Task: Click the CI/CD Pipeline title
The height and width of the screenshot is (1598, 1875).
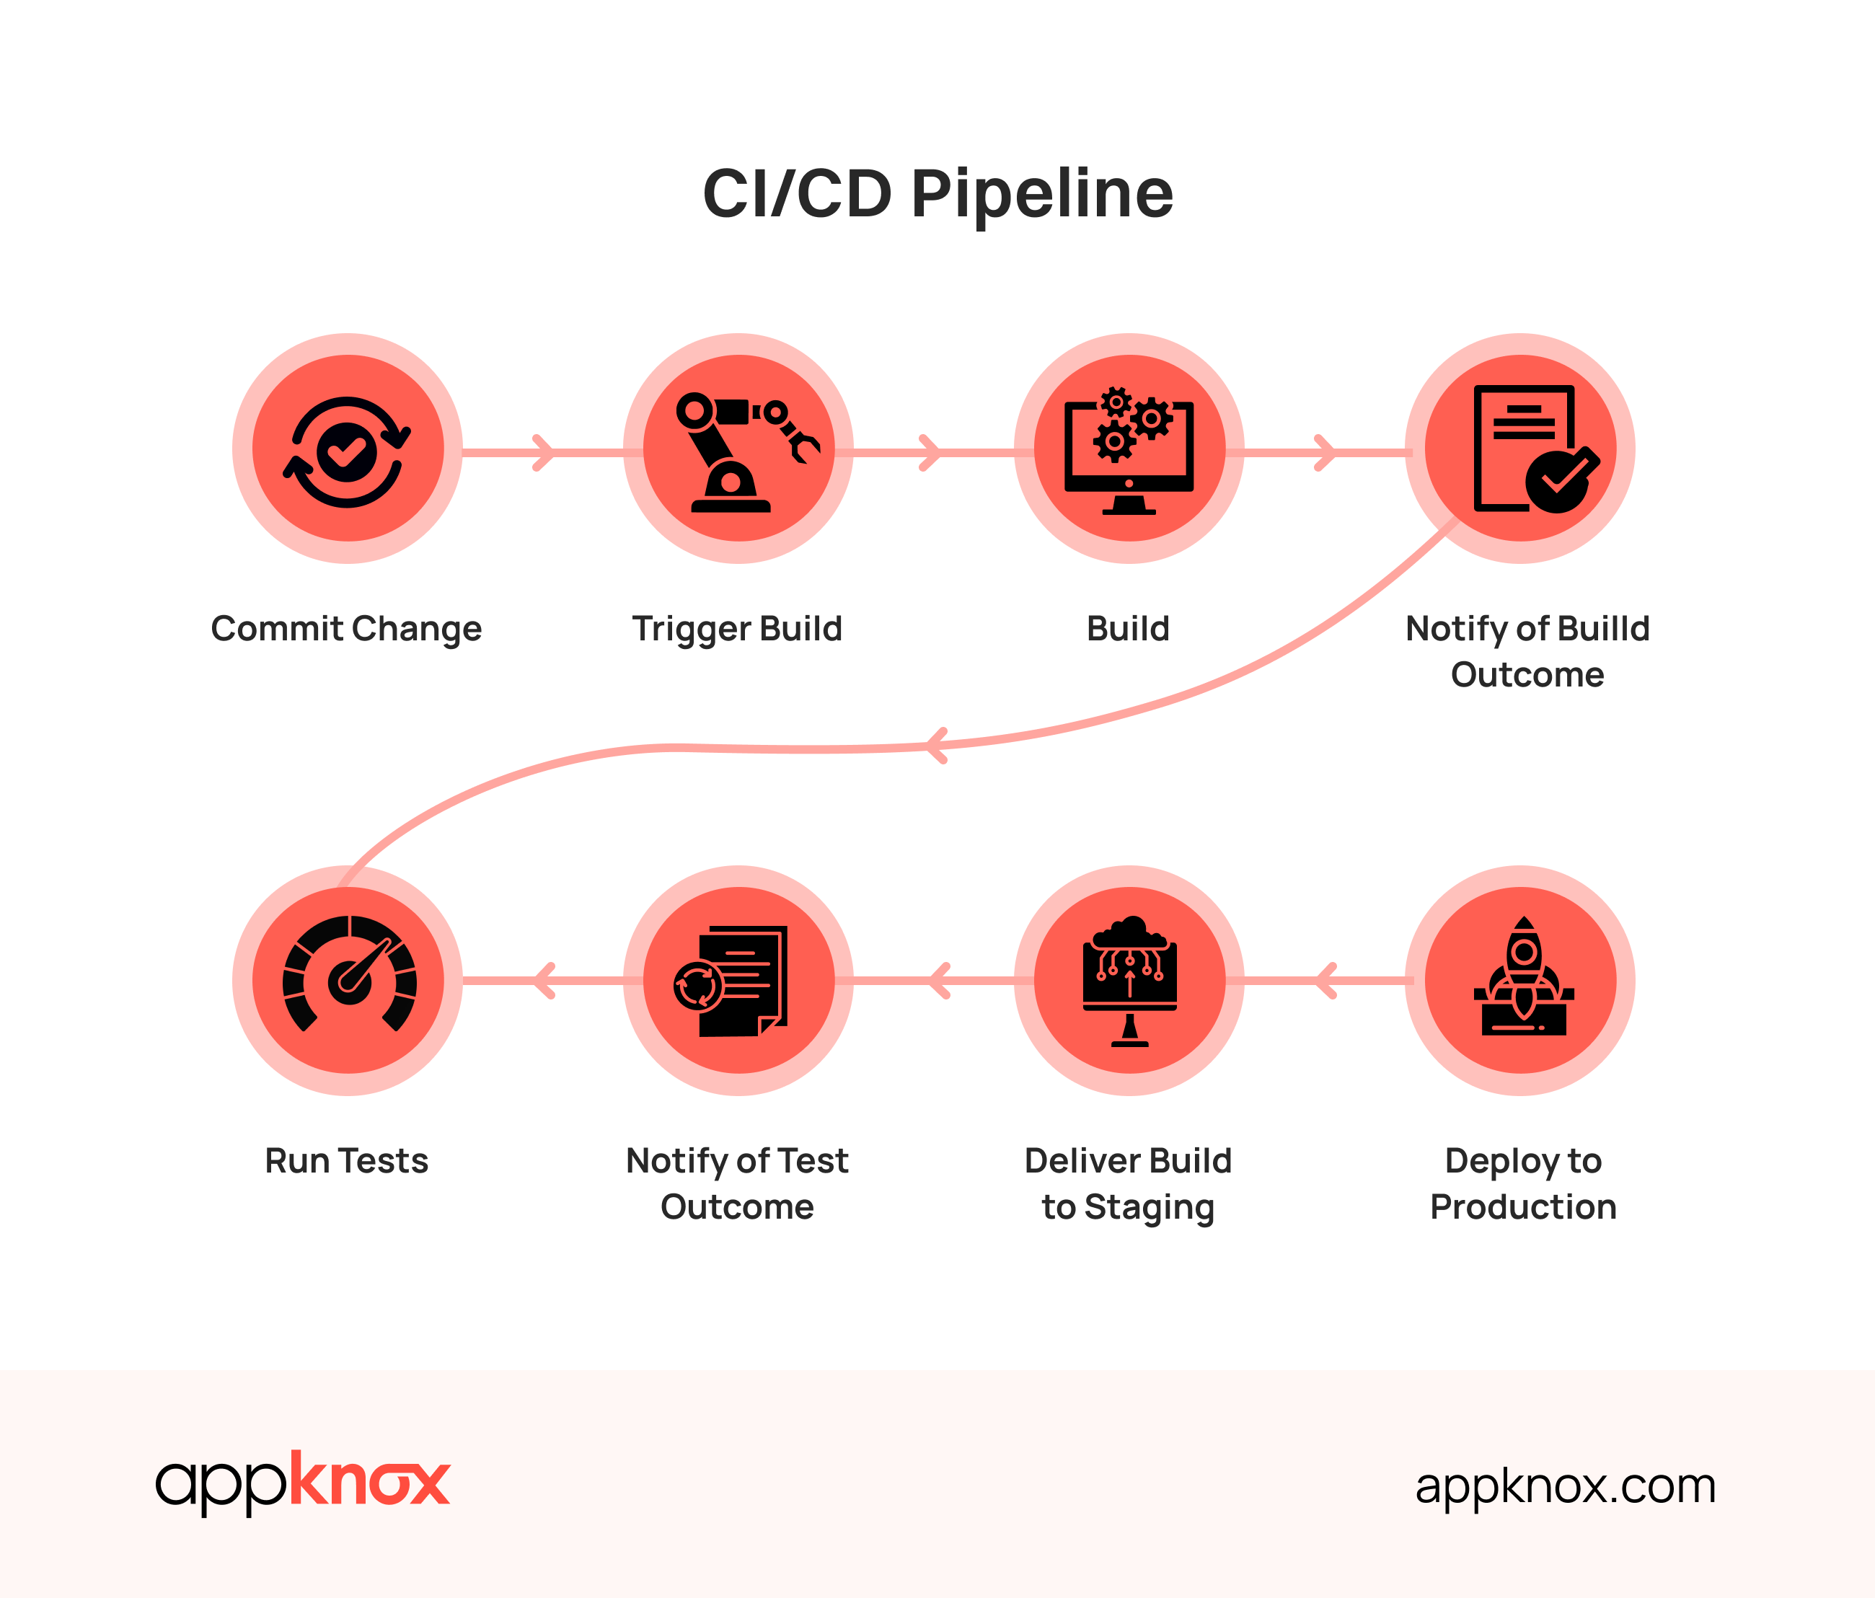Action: click(937, 194)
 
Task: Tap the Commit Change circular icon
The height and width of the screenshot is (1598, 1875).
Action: click(348, 450)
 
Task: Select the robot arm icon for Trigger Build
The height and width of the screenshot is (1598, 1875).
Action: click(738, 450)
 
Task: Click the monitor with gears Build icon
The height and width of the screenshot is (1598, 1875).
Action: click(1129, 450)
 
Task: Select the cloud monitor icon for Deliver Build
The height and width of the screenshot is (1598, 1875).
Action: click(1129, 981)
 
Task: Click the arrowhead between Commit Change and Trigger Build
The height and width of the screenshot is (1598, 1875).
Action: click(543, 452)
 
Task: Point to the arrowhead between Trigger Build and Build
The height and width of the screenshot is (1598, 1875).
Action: click(930, 452)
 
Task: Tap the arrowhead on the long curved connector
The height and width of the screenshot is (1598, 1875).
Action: click(937, 746)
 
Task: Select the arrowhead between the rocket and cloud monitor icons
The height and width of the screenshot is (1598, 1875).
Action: click(1325, 981)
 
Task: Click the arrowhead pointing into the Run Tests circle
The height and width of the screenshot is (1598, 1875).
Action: click(543, 981)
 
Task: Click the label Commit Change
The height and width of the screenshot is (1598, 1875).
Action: click(347, 629)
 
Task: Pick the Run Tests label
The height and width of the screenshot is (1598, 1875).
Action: click(347, 1161)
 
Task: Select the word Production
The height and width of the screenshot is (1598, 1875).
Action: click(1523, 1207)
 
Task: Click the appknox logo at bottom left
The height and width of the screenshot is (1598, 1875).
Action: click(302, 1481)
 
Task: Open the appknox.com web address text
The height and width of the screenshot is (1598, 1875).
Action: click(1566, 1486)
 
